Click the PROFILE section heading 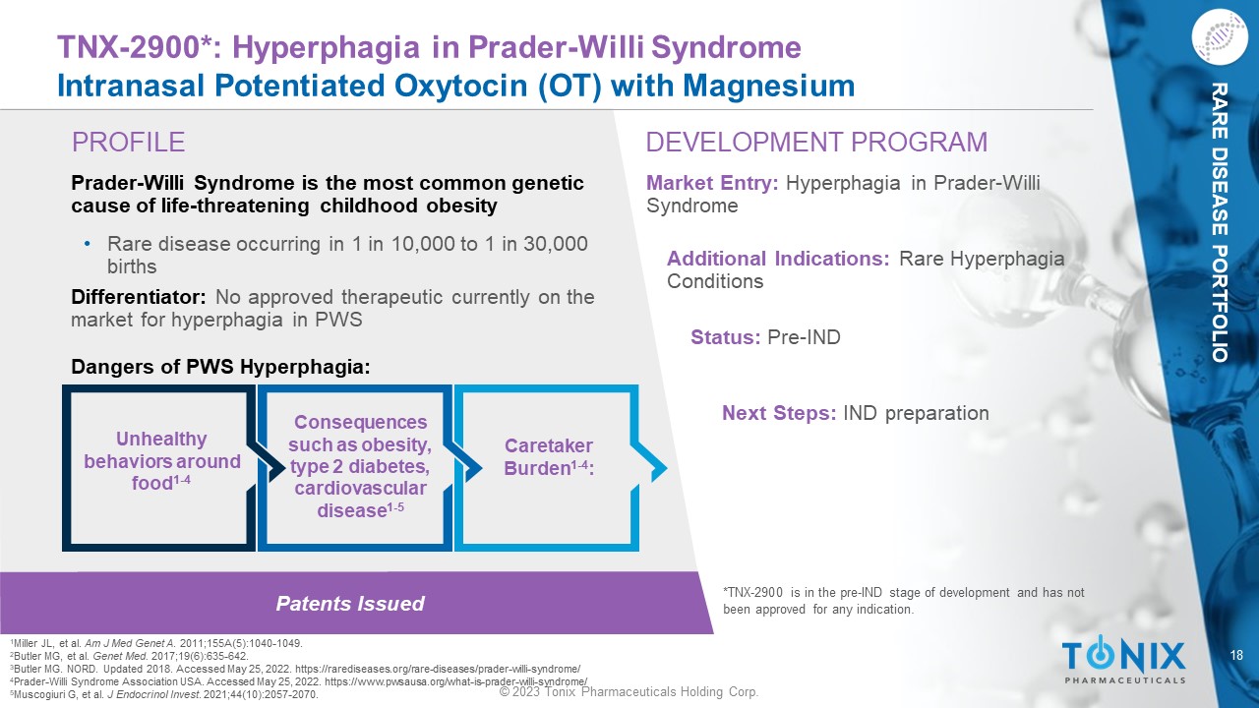(x=128, y=143)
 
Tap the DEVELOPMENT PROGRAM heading (x=816, y=143)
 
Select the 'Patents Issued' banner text (x=350, y=604)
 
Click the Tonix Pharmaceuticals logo (x=1123, y=659)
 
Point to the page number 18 (x=1236, y=655)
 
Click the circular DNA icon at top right (x=1219, y=37)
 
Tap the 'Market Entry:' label (x=712, y=183)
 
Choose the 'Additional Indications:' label (x=778, y=259)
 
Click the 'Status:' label (x=726, y=337)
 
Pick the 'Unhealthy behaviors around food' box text (x=162, y=461)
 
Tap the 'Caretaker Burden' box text (x=549, y=457)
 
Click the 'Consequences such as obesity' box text (x=360, y=466)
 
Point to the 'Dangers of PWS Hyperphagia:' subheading (x=220, y=367)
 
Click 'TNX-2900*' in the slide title (x=131, y=46)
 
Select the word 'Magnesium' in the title (x=768, y=86)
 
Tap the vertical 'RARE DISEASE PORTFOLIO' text (x=1219, y=222)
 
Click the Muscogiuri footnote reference (x=164, y=694)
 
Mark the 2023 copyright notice (x=629, y=691)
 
